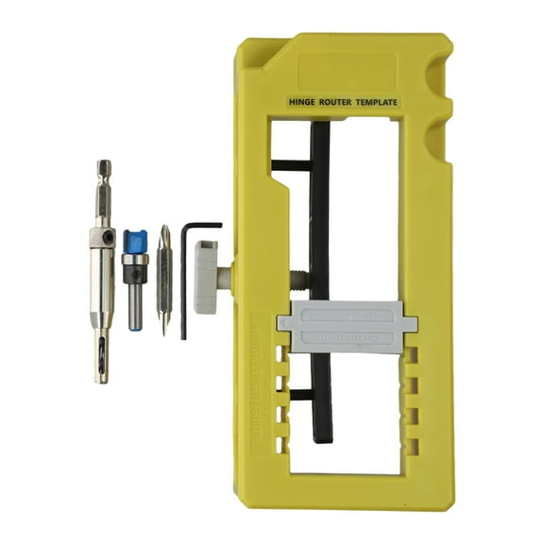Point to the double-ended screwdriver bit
(x=163, y=279)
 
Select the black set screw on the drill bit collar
(x=110, y=237)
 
